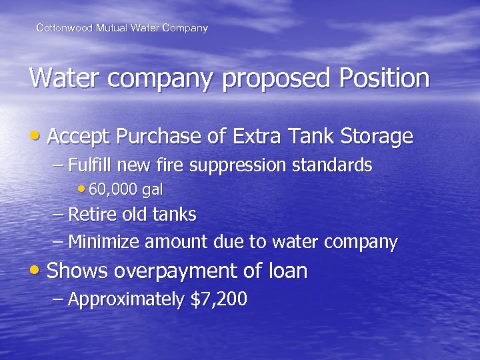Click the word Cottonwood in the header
pyautogui.click(x=61, y=28)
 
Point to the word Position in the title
pyautogui.click(x=384, y=79)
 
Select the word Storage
pyautogui.click(x=377, y=137)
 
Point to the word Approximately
pyautogui.click(x=126, y=300)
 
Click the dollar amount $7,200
pyautogui.click(x=219, y=300)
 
